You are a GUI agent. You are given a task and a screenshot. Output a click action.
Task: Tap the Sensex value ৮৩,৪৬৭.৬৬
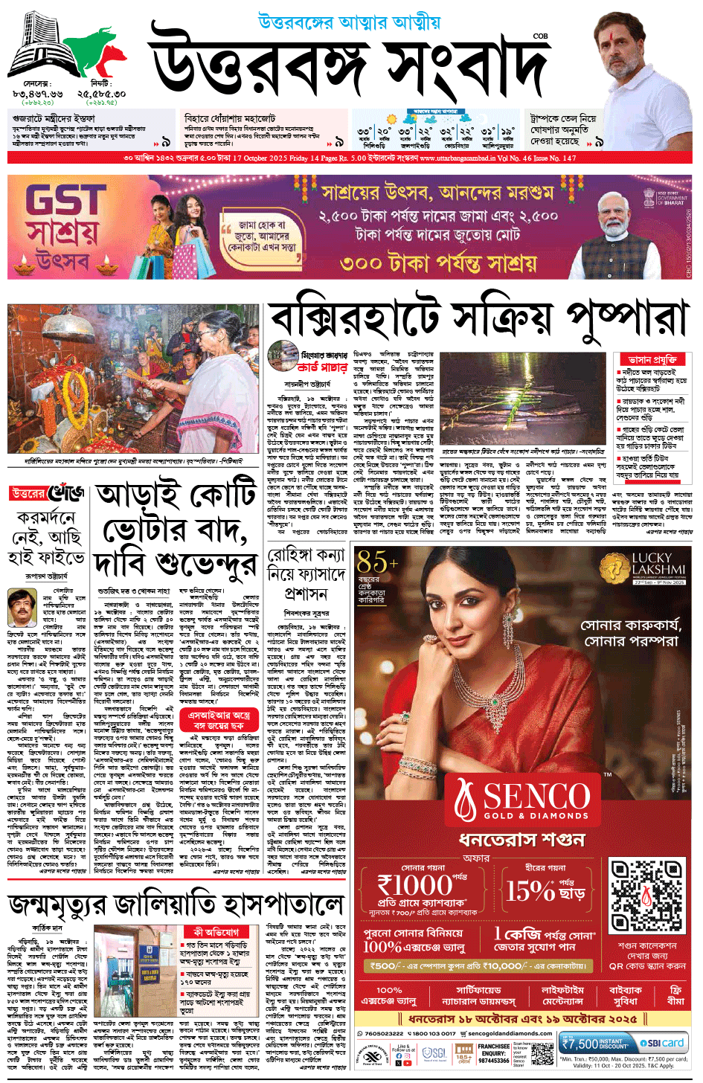click(x=37, y=94)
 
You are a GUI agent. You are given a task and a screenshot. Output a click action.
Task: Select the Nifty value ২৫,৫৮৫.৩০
click(x=101, y=94)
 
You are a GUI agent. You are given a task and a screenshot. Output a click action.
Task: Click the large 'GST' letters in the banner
click(x=65, y=202)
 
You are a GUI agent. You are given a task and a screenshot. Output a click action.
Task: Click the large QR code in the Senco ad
click(x=646, y=897)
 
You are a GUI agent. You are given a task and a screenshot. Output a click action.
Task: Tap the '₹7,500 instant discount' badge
click(x=595, y=1044)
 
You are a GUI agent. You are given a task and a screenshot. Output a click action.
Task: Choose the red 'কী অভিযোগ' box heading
click(x=216, y=931)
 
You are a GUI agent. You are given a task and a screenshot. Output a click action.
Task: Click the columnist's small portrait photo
click(x=22, y=608)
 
